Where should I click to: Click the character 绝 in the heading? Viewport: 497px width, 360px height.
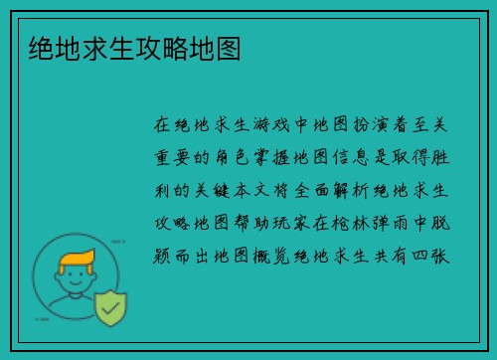pos(42,48)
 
